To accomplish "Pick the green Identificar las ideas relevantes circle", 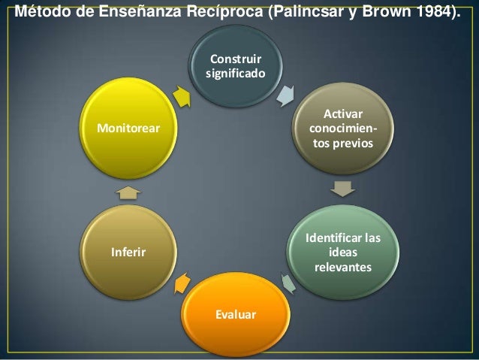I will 342,253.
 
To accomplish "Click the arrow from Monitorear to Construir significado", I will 181,96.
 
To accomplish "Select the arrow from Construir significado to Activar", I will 285,95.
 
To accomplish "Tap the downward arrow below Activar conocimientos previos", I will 342,187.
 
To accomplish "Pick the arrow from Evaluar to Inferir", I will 182,284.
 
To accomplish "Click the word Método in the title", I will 42,13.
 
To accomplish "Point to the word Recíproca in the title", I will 224,13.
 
